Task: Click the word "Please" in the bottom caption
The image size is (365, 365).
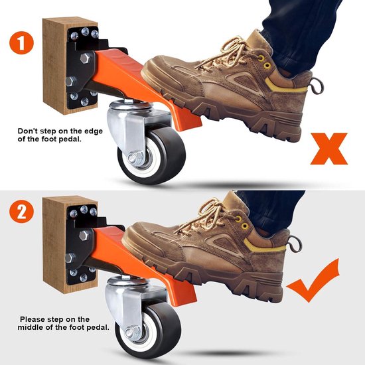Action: (x=34, y=319)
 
